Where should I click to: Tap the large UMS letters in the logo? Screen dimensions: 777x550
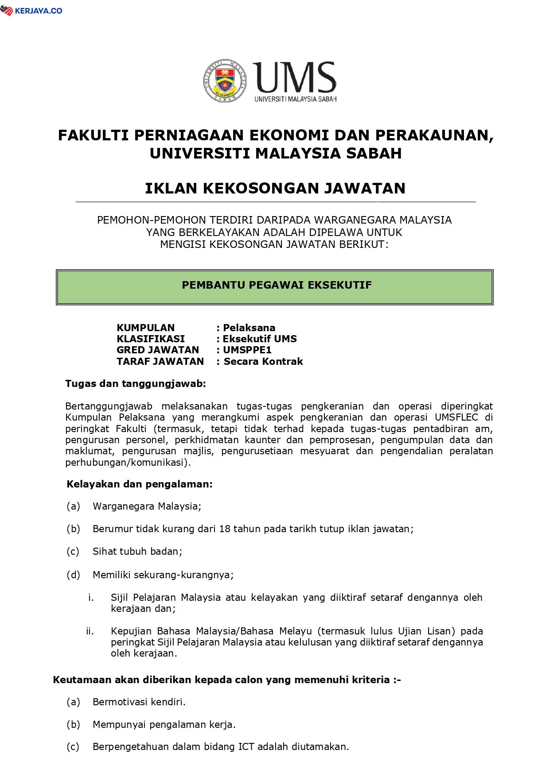(x=294, y=77)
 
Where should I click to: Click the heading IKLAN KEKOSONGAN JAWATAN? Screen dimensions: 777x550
(x=275, y=189)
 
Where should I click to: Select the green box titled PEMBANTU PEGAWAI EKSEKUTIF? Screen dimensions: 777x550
(x=275, y=287)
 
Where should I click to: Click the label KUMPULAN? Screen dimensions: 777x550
(x=145, y=328)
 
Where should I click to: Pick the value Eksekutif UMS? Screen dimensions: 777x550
(x=260, y=339)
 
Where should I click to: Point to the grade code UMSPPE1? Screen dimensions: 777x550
(x=247, y=350)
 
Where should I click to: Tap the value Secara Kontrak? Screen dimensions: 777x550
(x=263, y=361)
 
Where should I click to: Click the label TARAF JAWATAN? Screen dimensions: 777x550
(x=160, y=361)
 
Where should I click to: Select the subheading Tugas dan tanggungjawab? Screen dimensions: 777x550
(x=136, y=384)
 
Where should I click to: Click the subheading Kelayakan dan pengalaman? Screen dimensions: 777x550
(x=140, y=484)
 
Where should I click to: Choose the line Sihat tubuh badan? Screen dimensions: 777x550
(x=137, y=552)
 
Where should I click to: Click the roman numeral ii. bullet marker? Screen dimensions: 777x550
(x=90, y=631)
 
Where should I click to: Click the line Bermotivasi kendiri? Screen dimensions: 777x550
(x=139, y=702)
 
